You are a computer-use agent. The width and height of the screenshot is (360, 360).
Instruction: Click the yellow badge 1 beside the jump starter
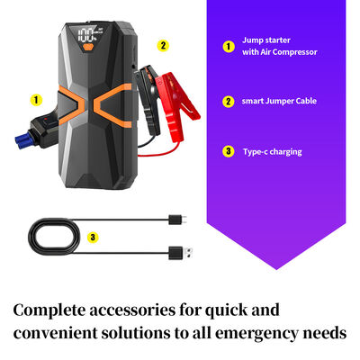(36, 100)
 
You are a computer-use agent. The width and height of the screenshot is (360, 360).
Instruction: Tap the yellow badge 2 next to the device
(162, 45)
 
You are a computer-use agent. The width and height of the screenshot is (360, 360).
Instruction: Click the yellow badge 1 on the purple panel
(229, 45)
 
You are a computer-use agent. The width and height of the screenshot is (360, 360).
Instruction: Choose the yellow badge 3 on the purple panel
(229, 151)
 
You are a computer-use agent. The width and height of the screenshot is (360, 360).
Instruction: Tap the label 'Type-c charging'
(272, 151)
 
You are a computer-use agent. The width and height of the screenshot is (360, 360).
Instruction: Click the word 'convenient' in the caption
(56, 334)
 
